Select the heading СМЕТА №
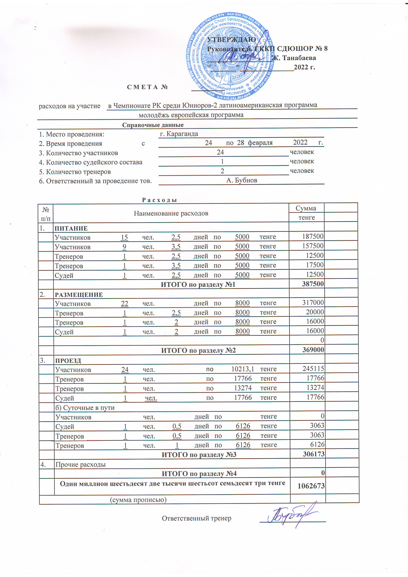pyautogui.click(x=147, y=87)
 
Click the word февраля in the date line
pyautogui.click(x=260, y=143)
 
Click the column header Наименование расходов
pyautogui.click(x=171, y=213)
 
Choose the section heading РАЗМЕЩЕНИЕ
pyautogui.click(x=79, y=295)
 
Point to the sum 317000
pyautogui.click(x=313, y=303)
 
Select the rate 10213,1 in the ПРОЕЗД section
pyautogui.click(x=243, y=369)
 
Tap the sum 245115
pyautogui.click(x=313, y=369)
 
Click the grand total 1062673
pyautogui.click(x=311, y=486)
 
